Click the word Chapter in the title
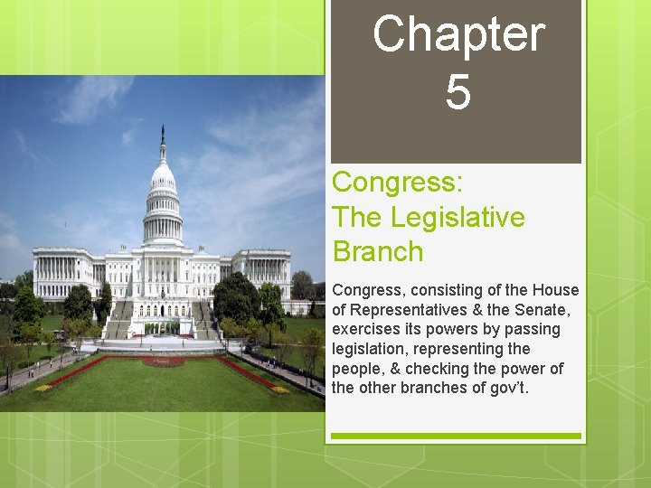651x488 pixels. (458, 35)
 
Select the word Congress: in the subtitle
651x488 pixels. (398, 182)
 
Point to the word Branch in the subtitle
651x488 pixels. (378, 251)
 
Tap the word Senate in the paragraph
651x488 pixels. (533, 310)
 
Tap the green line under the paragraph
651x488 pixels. (456, 436)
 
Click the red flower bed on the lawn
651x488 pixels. (163, 361)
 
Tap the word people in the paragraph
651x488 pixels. (358, 369)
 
